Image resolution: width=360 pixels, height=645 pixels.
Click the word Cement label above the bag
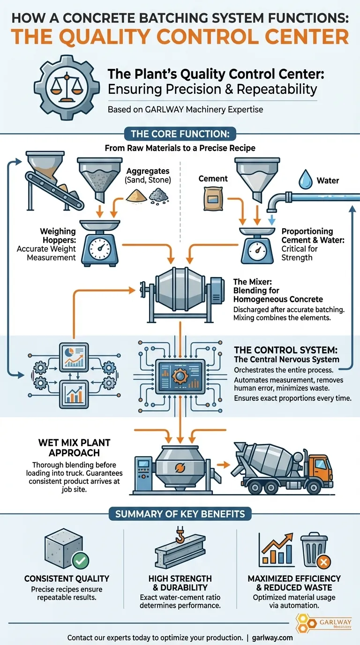point(213,179)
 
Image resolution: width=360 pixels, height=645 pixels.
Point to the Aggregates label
point(148,172)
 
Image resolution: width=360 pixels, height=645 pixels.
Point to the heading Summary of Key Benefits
point(180,514)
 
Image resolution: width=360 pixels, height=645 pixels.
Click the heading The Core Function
point(180,134)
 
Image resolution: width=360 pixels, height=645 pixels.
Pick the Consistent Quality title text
point(67,579)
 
